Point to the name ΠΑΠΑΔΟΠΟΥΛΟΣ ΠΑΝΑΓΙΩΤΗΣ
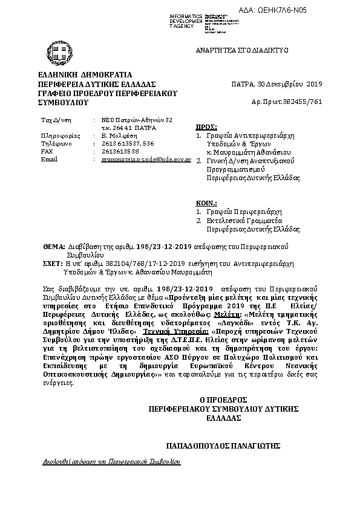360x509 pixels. [x=224, y=446]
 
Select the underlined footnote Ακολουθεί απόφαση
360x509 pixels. [x=112, y=461]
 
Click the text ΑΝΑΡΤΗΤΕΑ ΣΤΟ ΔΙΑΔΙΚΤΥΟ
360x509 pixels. [x=241, y=50]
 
